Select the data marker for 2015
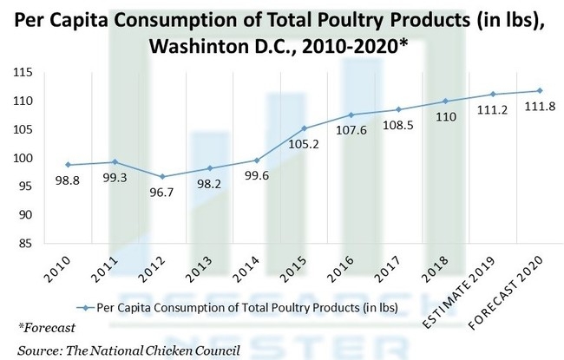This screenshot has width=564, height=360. click(x=304, y=128)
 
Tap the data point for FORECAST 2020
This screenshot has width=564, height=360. click(x=540, y=90)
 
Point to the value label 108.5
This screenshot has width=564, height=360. click(x=397, y=127)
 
